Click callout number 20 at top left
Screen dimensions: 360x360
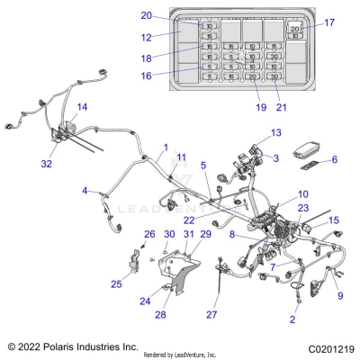(146, 15)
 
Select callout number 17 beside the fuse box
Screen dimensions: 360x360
(328, 22)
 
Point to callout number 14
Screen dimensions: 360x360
(82, 108)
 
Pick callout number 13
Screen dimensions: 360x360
(274, 133)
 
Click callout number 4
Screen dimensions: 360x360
(85, 191)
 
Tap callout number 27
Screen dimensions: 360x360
(212, 316)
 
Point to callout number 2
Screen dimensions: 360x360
(292, 319)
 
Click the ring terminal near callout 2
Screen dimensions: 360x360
(293, 291)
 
